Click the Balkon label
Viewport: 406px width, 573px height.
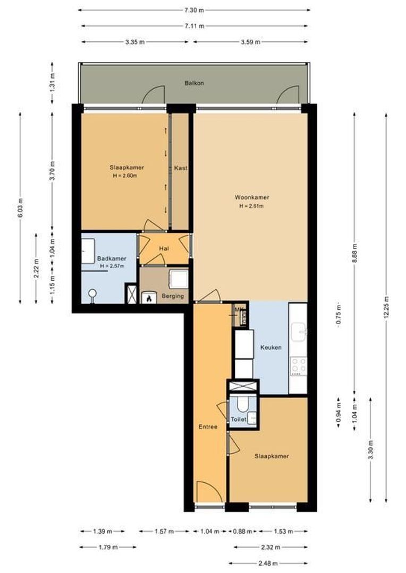(x=194, y=83)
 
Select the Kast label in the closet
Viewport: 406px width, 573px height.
(x=181, y=168)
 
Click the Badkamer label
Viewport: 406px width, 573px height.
(x=112, y=259)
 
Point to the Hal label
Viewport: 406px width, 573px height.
(x=164, y=249)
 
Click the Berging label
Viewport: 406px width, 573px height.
(x=173, y=296)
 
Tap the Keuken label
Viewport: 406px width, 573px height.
(x=270, y=348)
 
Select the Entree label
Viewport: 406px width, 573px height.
(x=208, y=427)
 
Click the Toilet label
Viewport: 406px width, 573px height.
(x=239, y=420)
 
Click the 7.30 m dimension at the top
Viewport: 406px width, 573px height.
(x=194, y=10)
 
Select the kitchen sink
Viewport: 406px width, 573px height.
(x=299, y=332)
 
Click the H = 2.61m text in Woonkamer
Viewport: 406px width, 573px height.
(x=251, y=206)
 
